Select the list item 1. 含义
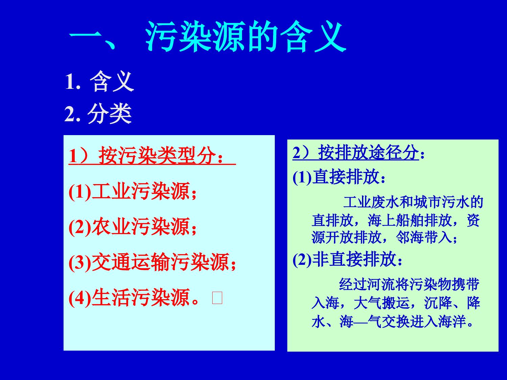point(99,82)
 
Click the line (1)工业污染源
point(132,192)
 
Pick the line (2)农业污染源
point(132,227)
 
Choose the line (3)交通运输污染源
point(152,262)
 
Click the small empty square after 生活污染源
point(217,298)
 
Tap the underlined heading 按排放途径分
point(368,153)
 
